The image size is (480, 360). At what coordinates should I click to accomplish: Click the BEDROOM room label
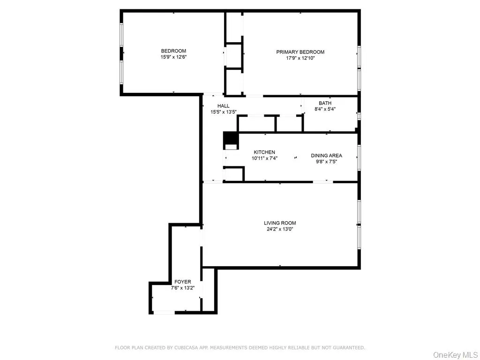pos(173,51)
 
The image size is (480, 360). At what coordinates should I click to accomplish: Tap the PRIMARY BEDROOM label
pos(300,52)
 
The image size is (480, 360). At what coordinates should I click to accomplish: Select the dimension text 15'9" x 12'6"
pos(173,57)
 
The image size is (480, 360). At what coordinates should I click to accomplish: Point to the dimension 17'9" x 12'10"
pos(300,58)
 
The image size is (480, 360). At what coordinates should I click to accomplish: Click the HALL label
pos(224,106)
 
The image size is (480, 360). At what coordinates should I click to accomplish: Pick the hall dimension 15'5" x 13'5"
pos(224,112)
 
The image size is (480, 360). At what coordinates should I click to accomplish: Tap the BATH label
pos(325,103)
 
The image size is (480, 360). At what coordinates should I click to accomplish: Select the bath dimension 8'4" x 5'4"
pos(325,109)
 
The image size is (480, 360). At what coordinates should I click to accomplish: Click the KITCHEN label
pos(264,152)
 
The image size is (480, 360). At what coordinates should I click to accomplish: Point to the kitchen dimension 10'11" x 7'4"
pos(264,158)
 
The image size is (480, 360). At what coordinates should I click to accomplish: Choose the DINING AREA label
pos(326,156)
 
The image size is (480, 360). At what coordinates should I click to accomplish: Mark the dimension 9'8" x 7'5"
pos(326,161)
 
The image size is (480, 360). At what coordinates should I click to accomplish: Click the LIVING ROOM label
pos(280,223)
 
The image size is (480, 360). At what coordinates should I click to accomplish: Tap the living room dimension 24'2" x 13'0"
pos(280,229)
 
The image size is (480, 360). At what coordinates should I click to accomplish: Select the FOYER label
pos(183,282)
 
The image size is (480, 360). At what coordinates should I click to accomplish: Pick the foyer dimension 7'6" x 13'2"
pos(183,287)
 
